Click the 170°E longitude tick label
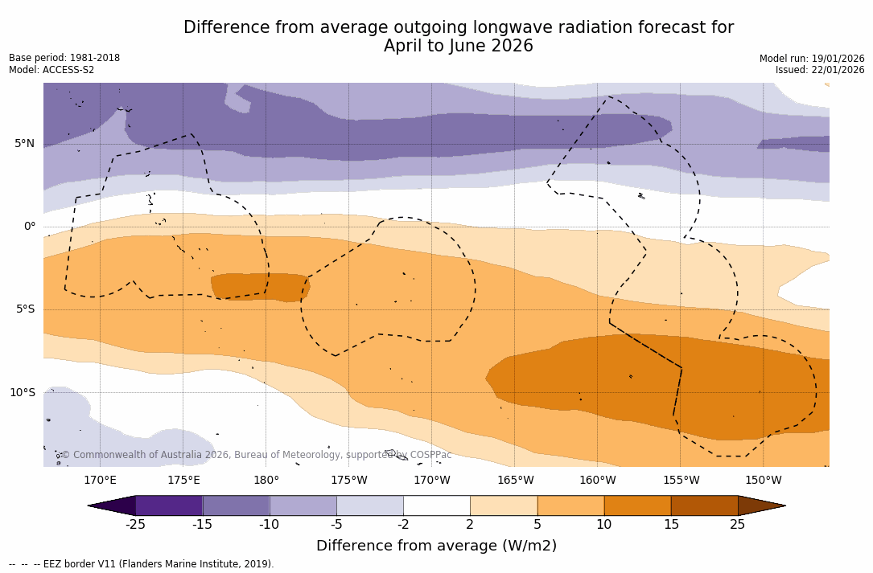[x=100, y=481]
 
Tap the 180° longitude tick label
[x=266, y=481]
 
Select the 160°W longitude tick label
[x=597, y=481]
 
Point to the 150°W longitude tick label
[x=763, y=481]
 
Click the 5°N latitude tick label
[x=24, y=144]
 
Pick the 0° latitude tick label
[x=30, y=227]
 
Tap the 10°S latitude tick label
[x=23, y=393]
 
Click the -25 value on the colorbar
[x=135, y=525]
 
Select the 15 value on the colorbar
[x=670, y=525]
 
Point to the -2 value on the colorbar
[x=402, y=525]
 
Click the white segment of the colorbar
[x=436, y=505]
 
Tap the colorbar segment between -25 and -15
[x=169, y=505]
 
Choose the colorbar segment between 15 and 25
[x=704, y=505]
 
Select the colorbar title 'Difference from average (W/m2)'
[x=436, y=546]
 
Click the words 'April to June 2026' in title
[x=458, y=47]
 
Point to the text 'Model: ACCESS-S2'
[x=51, y=70]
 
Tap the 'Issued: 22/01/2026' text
[x=820, y=70]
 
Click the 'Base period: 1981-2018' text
[x=64, y=58]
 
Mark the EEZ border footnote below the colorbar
[x=141, y=564]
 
